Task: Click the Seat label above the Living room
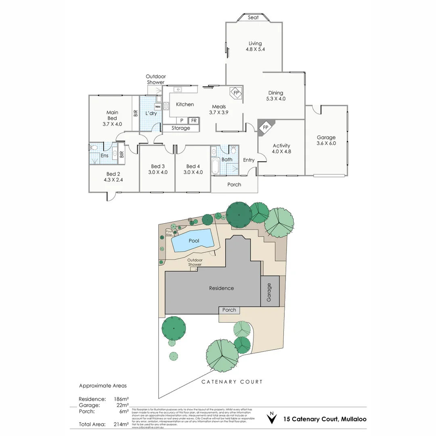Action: click(253, 17)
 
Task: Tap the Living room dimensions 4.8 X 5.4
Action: click(255, 49)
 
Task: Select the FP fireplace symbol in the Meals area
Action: click(236, 93)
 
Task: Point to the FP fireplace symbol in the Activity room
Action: click(265, 128)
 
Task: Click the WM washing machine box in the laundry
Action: click(157, 107)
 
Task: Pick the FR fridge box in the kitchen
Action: click(194, 120)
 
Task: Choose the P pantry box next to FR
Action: click(182, 120)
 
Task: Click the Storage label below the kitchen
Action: click(180, 128)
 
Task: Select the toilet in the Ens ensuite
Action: click(94, 147)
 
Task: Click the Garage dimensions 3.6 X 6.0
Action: click(326, 143)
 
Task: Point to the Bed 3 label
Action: click(158, 166)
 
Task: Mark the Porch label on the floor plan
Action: click(234, 184)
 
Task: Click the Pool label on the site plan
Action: click(194, 241)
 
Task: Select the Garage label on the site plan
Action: click(269, 291)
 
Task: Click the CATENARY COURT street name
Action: click(232, 381)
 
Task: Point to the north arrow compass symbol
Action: click(272, 418)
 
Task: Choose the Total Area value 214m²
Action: click(121, 424)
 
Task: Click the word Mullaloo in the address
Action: click(354, 419)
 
